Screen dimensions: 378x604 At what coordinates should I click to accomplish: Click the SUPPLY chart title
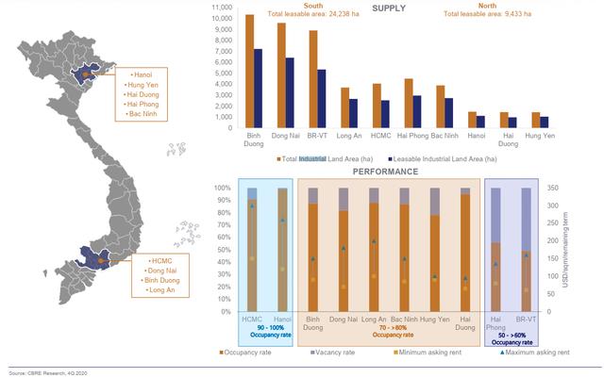click(x=389, y=8)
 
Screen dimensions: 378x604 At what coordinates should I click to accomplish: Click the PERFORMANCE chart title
click(x=386, y=173)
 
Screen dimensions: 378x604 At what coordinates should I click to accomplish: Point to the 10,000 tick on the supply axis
click(x=223, y=18)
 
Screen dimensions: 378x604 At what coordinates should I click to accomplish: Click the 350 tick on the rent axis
click(x=554, y=189)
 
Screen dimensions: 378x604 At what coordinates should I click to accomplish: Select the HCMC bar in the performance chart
click(x=251, y=250)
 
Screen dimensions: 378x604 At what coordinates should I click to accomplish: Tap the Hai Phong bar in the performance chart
click(x=494, y=275)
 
